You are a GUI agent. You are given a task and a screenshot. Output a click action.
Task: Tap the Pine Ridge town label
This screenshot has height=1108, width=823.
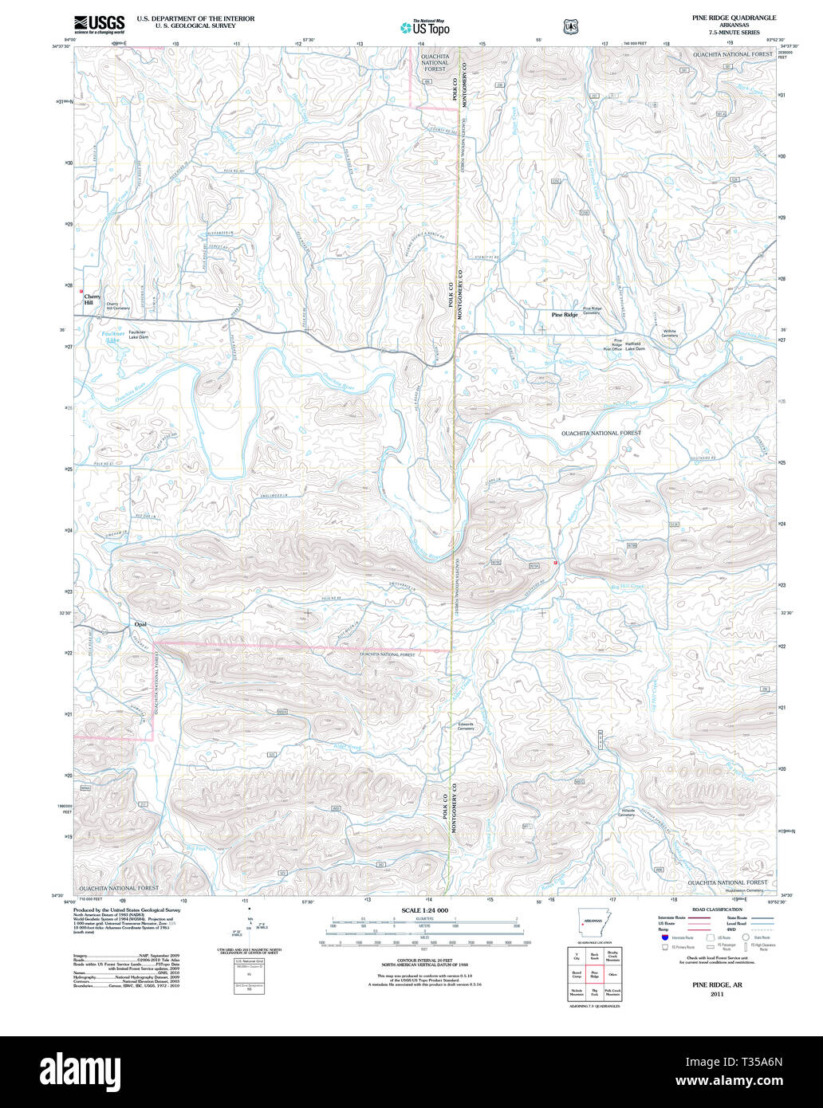(x=565, y=315)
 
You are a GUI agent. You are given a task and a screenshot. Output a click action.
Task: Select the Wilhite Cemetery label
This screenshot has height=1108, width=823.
(x=669, y=333)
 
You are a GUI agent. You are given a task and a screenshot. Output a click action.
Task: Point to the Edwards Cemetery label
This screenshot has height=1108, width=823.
(x=466, y=726)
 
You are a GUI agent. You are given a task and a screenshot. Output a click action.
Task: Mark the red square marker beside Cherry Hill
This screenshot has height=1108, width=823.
(x=81, y=291)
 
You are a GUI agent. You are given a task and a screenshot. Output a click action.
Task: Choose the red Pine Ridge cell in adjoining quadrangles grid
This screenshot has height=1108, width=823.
(x=594, y=974)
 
